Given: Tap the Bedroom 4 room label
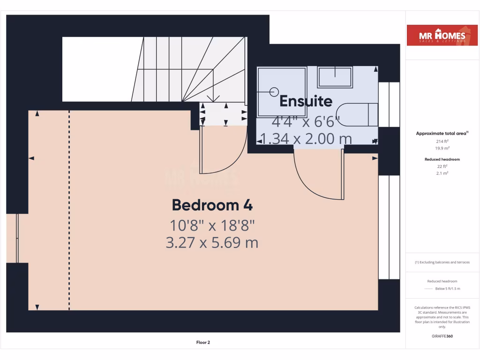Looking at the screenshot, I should (212, 205).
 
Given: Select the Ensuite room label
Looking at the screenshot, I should (306, 101).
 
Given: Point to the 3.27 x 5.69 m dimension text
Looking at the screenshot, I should (212, 242).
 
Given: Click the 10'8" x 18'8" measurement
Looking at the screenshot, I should (212, 225).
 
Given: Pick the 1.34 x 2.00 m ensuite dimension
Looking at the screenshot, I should (306, 138).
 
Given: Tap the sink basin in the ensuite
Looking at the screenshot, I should (335, 77).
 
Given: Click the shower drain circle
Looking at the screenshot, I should (274, 91).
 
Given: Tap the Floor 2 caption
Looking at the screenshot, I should (203, 342).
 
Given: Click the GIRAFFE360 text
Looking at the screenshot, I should (442, 336).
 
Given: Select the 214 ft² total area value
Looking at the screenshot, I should (442, 141).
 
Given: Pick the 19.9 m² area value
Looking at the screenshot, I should (442, 148).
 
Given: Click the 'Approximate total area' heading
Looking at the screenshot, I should (442, 134).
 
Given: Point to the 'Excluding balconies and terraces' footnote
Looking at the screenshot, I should (442, 262).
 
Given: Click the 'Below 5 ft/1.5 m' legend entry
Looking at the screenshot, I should (447, 289).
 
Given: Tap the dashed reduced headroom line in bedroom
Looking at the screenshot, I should (69, 211).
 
